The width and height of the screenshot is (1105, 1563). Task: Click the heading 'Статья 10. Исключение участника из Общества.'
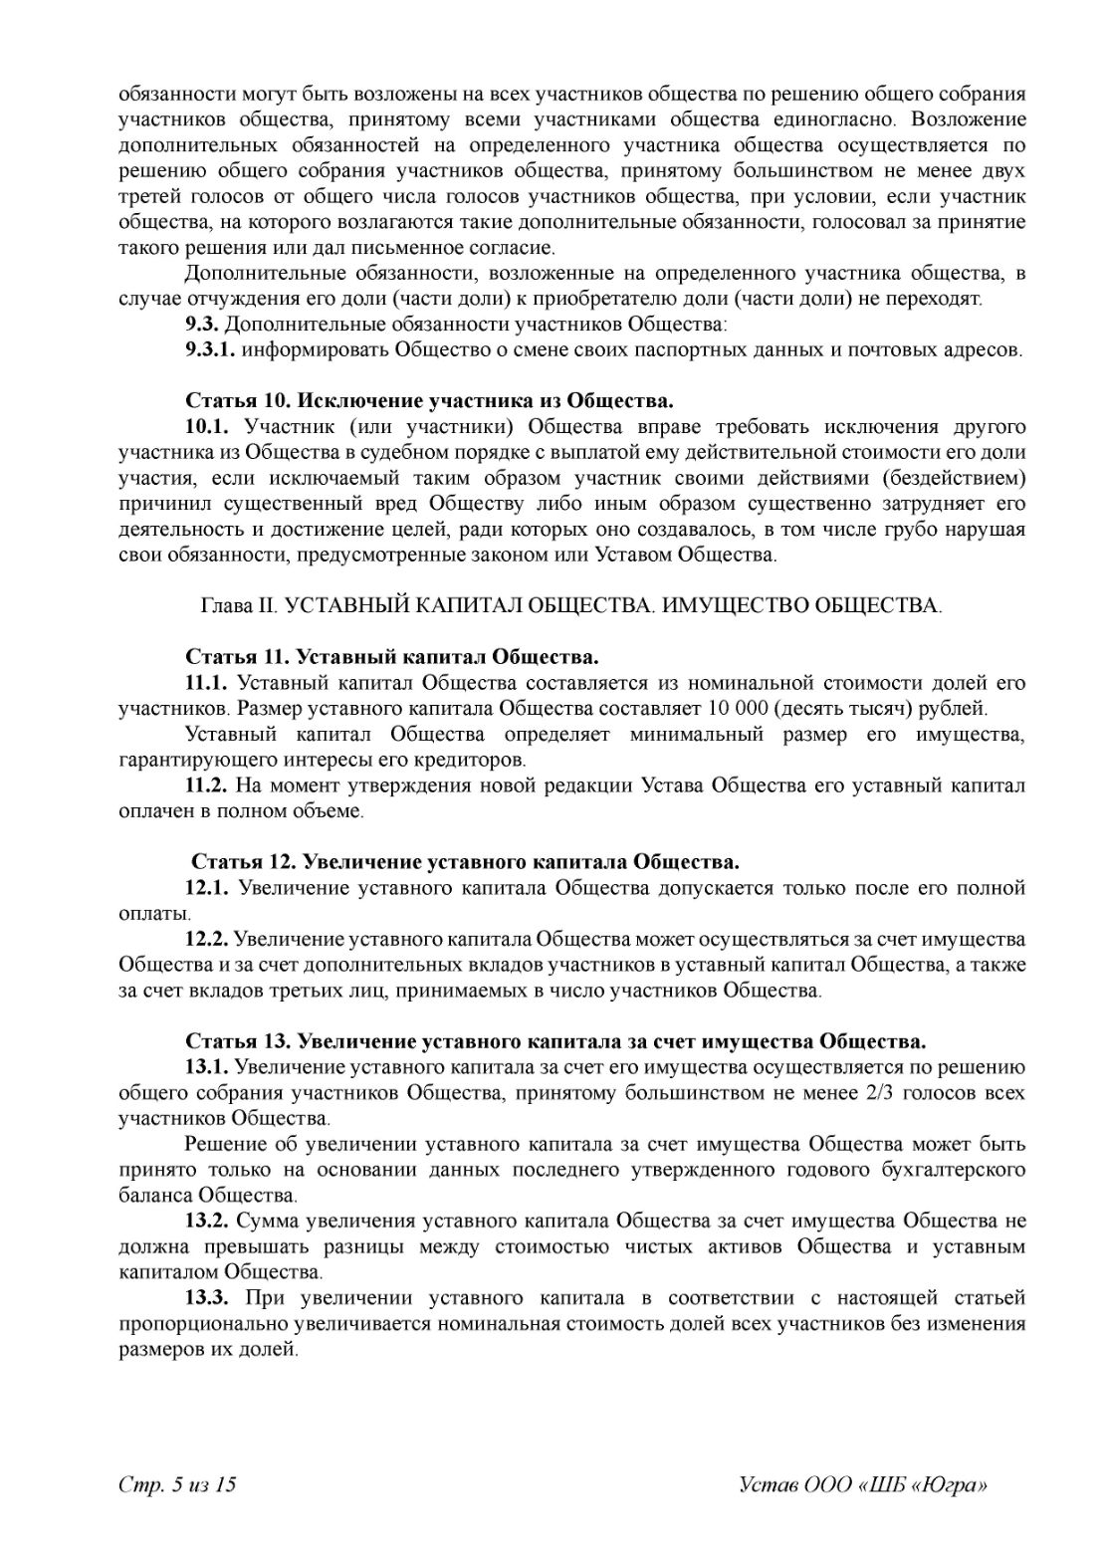[x=429, y=401]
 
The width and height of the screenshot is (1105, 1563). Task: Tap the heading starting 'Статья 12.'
[x=464, y=860]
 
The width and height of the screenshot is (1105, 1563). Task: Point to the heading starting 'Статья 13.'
[x=555, y=1041]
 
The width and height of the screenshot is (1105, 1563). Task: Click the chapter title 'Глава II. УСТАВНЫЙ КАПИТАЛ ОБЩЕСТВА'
[x=571, y=606]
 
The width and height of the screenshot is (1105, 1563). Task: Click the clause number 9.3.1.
[x=210, y=350]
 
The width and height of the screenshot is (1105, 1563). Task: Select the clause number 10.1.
[x=207, y=427]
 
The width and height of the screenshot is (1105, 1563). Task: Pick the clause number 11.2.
[x=207, y=785]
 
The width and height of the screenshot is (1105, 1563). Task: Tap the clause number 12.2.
[x=207, y=939]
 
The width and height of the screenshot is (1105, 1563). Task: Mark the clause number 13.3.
[x=207, y=1298]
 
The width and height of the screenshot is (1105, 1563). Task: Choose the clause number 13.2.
[x=207, y=1221]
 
